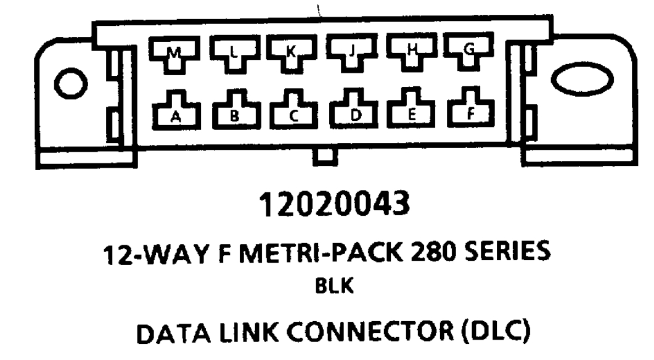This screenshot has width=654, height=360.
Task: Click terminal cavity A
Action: coord(174,111)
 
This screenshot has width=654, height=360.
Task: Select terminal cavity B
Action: coord(235,111)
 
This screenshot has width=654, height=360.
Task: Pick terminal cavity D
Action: coord(353,111)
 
